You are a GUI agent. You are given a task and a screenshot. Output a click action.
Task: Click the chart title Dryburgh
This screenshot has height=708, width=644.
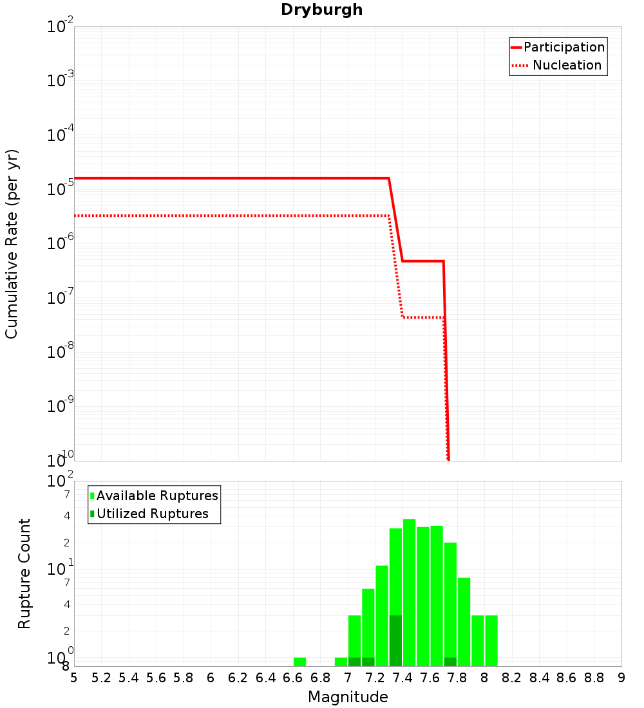(x=321, y=10)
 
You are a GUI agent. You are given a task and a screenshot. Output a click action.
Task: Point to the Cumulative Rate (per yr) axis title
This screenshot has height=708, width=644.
(x=12, y=244)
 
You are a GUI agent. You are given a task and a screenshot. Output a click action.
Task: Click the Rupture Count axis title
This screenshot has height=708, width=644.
(x=24, y=573)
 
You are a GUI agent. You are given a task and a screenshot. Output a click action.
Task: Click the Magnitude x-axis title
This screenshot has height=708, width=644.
(x=348, y=697)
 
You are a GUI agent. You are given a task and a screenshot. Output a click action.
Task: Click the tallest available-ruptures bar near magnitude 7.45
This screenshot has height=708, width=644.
(x=409, y=592)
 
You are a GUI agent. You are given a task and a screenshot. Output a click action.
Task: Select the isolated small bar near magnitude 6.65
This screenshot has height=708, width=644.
(x=299, y=662)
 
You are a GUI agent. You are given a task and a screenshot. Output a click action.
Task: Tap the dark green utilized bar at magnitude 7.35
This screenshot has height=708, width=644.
(x=395, y=640)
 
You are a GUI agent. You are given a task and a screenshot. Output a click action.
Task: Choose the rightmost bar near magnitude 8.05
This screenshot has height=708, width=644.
(x=491, y=640)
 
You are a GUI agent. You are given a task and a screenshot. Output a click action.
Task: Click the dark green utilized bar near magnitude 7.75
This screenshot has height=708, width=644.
(x=450, y=662)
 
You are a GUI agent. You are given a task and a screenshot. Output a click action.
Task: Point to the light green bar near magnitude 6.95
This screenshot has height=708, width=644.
(x=341, y=662)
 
